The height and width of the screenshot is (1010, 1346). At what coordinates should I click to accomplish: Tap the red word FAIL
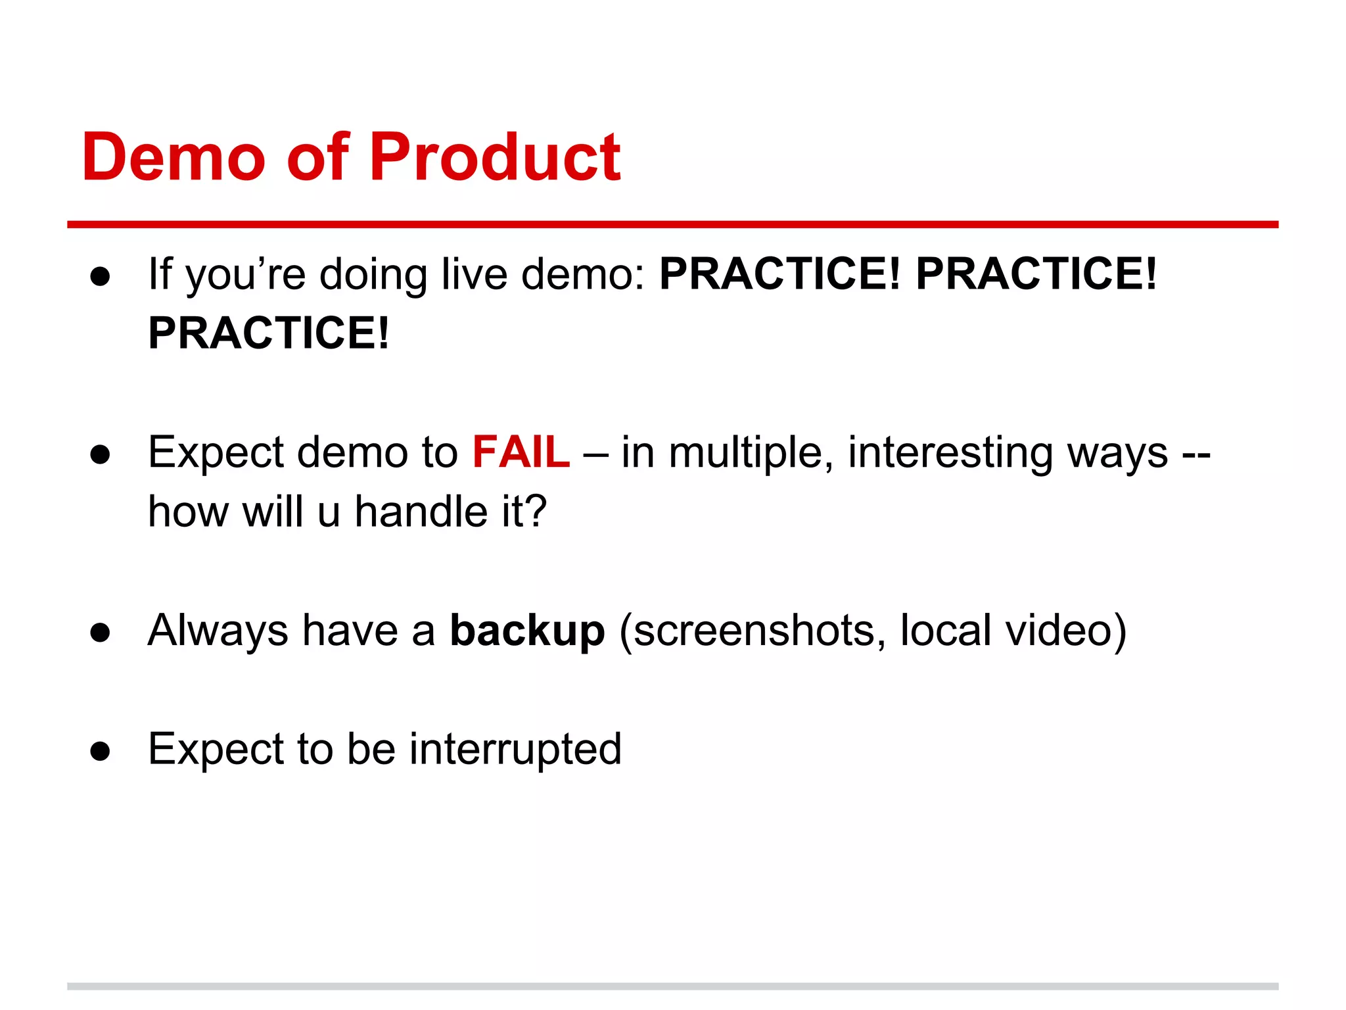pos(521,452)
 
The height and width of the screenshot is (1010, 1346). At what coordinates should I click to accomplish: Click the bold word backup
pos(527,631)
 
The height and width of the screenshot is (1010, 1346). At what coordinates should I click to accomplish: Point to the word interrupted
pos(515,749)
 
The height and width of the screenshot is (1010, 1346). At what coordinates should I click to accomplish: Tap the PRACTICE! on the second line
pos(269,333)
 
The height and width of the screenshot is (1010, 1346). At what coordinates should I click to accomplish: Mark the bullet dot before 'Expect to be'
pos(101,751)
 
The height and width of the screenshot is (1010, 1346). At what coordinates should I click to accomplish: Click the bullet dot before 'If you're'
pos(101,276)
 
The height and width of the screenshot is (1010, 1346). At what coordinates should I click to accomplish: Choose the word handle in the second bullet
pos(420,512)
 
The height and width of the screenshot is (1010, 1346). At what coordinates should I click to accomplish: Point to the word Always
pos(218,632)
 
